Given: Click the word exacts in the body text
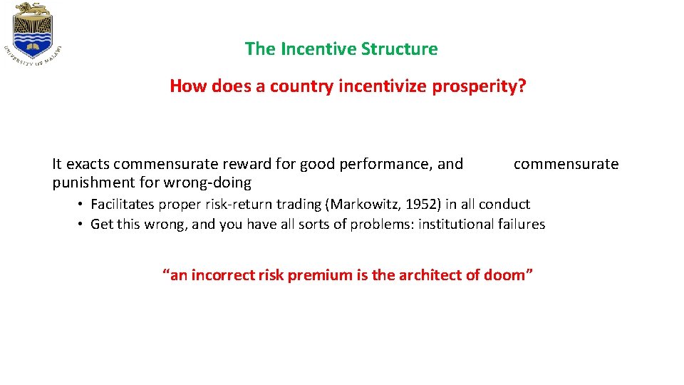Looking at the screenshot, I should [88, 164].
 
